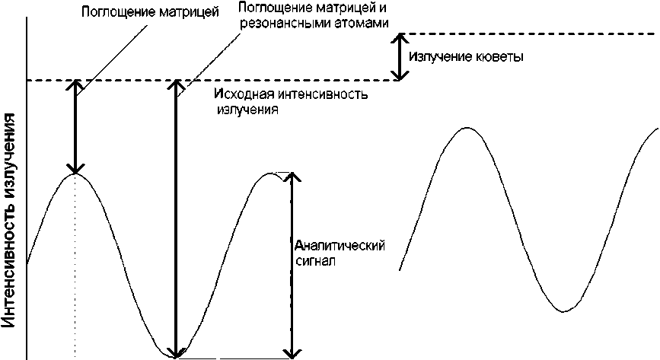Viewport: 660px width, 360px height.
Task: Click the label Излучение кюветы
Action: coord(466,57)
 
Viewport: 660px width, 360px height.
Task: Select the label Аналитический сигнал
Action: coord(338,252)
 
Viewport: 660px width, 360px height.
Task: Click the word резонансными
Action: coord(277,23)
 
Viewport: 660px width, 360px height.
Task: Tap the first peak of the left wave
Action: coord(75,174)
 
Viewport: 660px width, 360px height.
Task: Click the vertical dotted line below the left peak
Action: coord(75,266)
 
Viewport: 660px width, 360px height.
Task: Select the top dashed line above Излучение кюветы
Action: coord(525,33)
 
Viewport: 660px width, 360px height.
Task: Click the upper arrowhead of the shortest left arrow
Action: coord(75,84)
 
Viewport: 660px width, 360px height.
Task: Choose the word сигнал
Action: coord(314,260)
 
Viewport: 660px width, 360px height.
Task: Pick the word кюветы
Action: coord(502,57)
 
